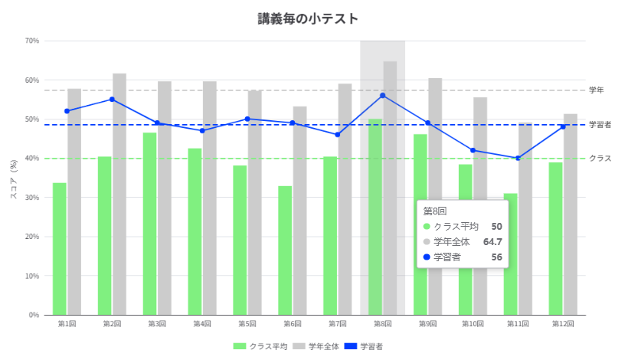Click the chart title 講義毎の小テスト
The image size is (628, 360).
tap(308, 19)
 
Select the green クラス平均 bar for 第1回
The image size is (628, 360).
tap(60, 249)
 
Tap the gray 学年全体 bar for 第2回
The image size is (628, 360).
tap(119, 194)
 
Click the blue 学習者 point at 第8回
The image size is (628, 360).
tap(382, 96)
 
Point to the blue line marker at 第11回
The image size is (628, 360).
tap(518, 159)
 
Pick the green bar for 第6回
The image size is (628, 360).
tap(285, 250)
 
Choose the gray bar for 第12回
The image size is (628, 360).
tap(571, 214)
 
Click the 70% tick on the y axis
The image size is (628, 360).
tap(31, 41)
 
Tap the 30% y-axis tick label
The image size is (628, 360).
tap(31, 198)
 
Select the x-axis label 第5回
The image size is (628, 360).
tap(247, 323)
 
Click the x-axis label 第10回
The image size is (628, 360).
tap(473, 323)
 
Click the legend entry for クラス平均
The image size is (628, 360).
tap(260, 346)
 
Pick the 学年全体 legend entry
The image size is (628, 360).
tap(316, 346)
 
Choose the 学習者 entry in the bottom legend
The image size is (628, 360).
tap(364, 346)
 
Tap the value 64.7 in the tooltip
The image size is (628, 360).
tap(492, 242)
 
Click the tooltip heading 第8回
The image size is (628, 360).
tap(435, 211)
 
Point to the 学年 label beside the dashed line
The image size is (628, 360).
tap(597, 90)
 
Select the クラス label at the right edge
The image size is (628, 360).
tap(600, 159)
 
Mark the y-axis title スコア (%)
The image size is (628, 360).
tap(14, 179)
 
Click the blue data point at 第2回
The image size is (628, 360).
tap(112, 100)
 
